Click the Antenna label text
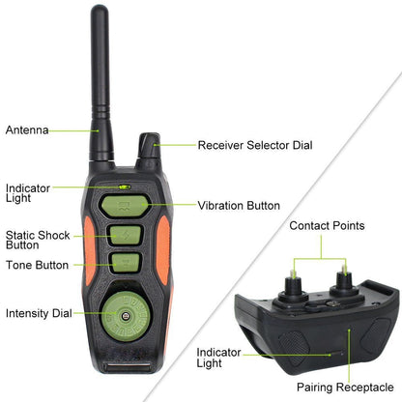click(x=27, y=130)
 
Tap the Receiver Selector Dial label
click(x=255, y=145)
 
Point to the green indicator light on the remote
click(x=125, y=187)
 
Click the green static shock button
click(x=126, y=235)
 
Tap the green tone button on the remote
click(x=126, y=263)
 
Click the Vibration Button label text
click(x=239, y=206)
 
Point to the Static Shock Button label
click(x=38, y=240)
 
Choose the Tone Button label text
click(x=38, y=265)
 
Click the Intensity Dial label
click(x=39, y=313)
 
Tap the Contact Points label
click(x=327, y=225)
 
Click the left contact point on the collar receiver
click(x=293, y=283)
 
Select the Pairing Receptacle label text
click(x=345, y=387)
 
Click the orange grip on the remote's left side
click(x=90, y=250)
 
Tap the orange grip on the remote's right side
click(x=163, y=250)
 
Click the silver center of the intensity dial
click(x=126, y=316)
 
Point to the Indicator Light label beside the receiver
click(x=218, y=358)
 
